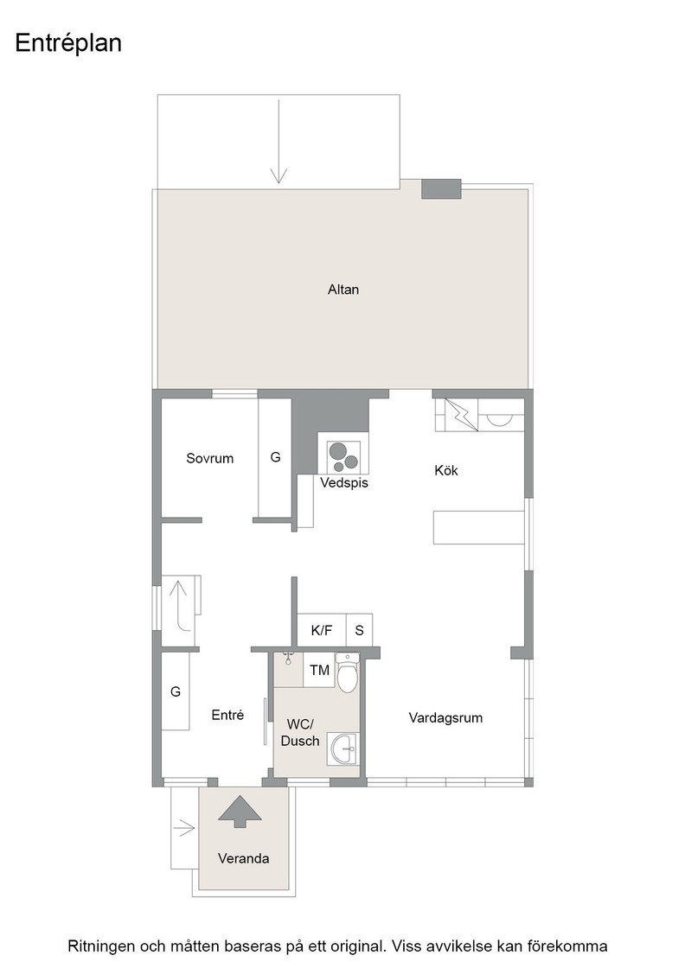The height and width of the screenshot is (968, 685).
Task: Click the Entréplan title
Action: point(68,44)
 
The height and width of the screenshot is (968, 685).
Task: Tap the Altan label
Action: point(342,289)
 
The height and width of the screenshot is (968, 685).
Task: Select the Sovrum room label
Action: point(210,458)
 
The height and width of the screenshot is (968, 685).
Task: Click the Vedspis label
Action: point(344,483)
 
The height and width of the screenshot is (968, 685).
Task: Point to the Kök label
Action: point(446,470)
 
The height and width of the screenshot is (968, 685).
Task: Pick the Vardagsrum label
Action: point(445,717)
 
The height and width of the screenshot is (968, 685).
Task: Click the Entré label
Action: point(228,714)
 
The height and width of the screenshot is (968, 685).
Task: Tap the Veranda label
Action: point(243,858)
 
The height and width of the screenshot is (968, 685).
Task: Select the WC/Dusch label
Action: point(300,732)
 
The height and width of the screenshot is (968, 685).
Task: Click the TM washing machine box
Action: point(319,670)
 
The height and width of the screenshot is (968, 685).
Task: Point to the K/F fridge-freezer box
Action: point(321,630)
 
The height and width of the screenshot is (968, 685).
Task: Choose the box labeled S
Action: point(359,630)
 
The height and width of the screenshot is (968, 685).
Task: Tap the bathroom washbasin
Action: point(342,748)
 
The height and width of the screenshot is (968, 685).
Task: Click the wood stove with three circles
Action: point(342,456)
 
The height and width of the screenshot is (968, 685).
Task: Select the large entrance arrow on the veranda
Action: point(240,812)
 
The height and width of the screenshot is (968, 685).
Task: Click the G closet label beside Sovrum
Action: point(276,457)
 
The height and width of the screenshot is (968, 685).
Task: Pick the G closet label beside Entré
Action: point(176,691)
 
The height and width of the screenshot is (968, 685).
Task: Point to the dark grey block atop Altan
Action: point(441,189)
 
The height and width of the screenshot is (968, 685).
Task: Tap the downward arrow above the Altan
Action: point(278,142)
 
